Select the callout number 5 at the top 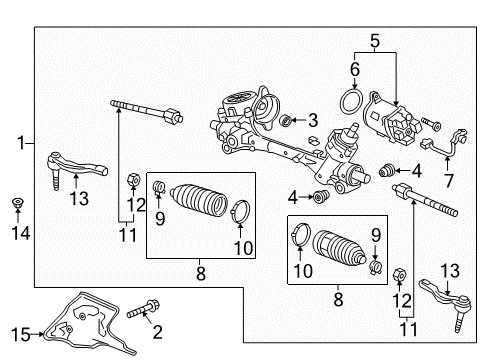click(374, 42)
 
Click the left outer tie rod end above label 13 click(64, 165)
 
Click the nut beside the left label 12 click(133, 181)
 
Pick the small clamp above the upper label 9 click(157, 187)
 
